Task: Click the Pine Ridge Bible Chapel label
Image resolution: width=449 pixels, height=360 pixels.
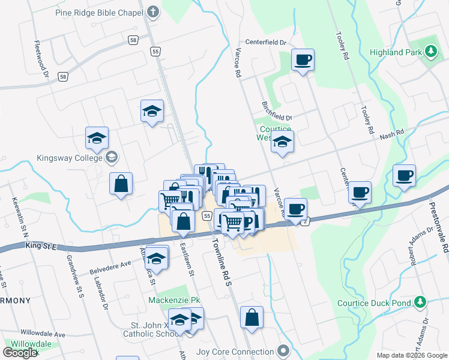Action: point(99,12)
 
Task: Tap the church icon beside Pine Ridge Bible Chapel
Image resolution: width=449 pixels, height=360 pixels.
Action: point(153,11)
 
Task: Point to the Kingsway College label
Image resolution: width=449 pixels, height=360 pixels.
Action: point(71,158)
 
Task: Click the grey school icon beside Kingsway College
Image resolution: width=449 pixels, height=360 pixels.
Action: point(111,158)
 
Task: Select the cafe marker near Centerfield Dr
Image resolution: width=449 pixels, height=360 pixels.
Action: point(303,60)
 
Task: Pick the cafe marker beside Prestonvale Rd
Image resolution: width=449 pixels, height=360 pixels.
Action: point(404,176)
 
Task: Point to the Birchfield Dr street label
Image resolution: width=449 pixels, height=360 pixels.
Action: point(276,110)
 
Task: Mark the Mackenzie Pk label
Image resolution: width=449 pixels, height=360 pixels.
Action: point(173,299)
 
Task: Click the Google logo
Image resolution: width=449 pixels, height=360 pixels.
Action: point(20,353)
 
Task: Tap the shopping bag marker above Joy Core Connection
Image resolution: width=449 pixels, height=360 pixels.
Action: point(252,317)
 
